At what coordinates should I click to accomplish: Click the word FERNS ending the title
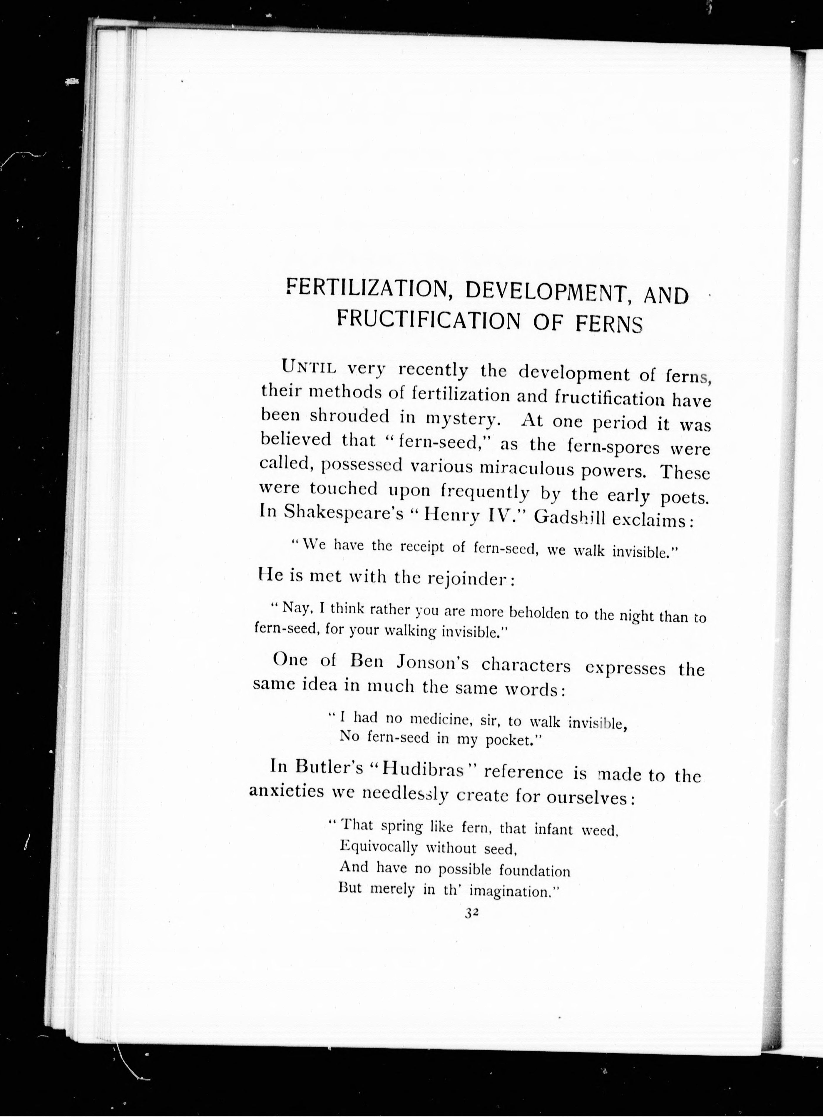click(609, 324)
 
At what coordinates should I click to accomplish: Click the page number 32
click(471, 912)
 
